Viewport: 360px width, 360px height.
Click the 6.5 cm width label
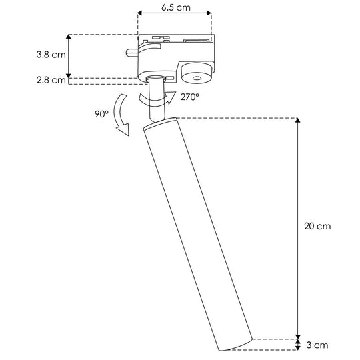click(x=176, y=7)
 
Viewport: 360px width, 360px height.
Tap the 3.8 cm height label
click(x=51, y=55)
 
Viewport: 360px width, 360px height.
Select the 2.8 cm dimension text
click(x=51, y=80)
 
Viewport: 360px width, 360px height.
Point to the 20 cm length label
click(x=317, y=226)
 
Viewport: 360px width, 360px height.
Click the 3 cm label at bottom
click(x=317, y=345)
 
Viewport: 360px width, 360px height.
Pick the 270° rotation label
click(x=189, y=97)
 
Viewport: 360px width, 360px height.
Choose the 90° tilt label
click(x=102, y=114)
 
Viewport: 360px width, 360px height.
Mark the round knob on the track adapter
click(x=197, y=74)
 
